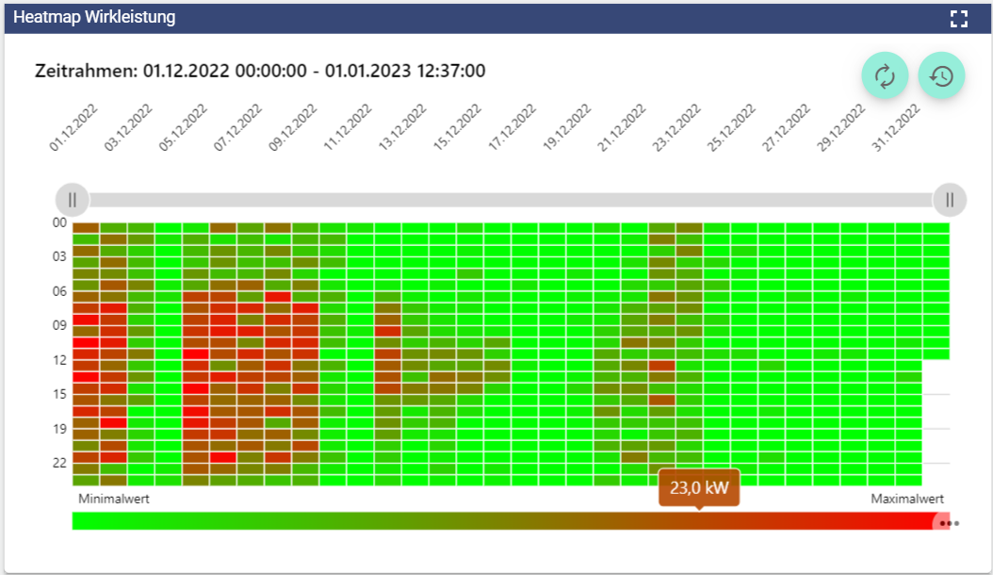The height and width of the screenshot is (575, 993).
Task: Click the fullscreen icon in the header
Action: click(x=959, y=19)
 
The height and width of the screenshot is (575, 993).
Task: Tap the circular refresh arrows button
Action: click(x=885, y=76)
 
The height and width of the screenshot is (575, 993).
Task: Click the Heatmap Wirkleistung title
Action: click(x=94, y=18)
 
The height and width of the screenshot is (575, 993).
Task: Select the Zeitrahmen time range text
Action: click(x=260, y=71)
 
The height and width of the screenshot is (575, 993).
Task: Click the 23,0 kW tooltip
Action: click(x=699, y=488)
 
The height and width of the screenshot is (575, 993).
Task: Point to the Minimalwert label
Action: click(x=114, y=499)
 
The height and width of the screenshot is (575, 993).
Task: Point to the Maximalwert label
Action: click(x=906, y=499)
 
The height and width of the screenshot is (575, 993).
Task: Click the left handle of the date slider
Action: click(x=73, y=200)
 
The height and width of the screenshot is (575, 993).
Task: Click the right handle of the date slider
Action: click(x=950, y=200)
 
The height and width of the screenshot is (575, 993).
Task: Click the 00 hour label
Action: click(x=59, y=222)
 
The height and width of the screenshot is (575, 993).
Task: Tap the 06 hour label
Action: click(x=59, y=291)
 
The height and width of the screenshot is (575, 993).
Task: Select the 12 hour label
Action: click(x=59, y=360)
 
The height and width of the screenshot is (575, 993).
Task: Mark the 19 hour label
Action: click(x=59, y=429)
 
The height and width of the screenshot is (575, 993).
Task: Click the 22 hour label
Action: click(x=59, y=463)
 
